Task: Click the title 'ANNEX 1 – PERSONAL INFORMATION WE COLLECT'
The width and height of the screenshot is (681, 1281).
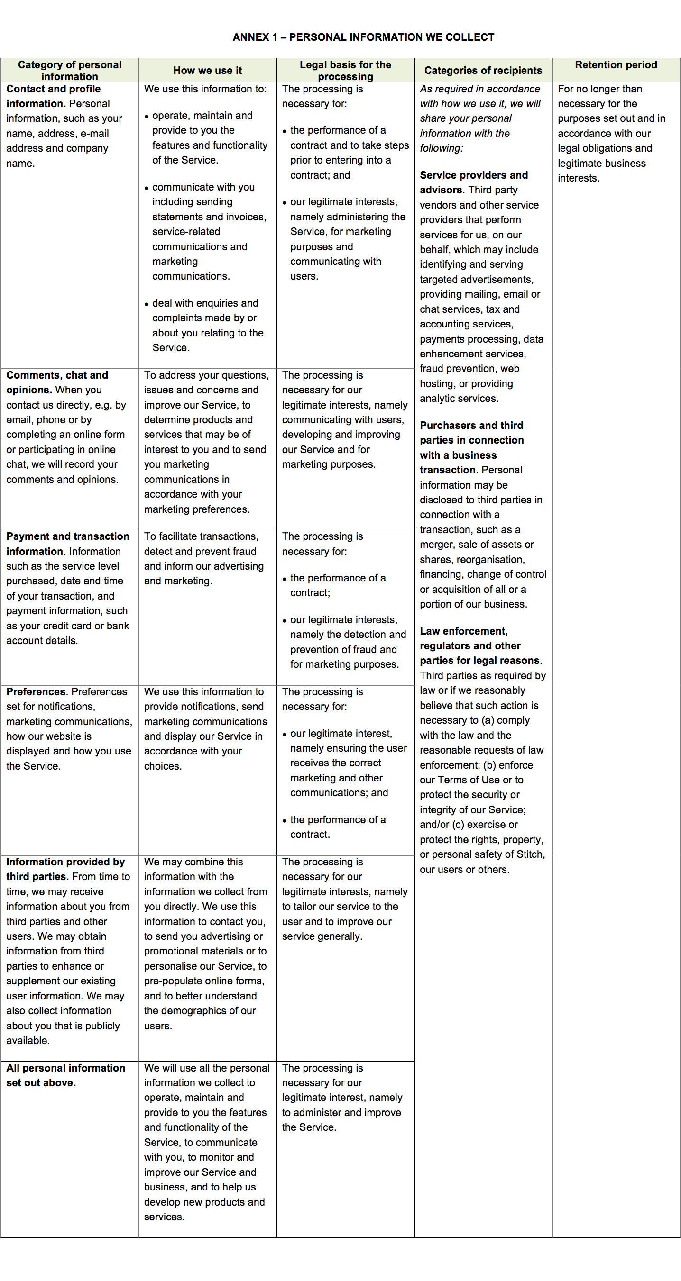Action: pos(363,37)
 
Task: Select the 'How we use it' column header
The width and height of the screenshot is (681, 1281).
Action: pos(207,71)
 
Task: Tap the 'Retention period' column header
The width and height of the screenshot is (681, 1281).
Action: pos(616,64)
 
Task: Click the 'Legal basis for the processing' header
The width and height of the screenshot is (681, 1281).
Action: pos(345,71)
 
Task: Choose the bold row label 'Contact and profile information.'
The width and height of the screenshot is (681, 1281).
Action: pos(53,96)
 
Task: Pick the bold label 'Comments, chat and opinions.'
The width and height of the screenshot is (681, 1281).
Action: pos(57,382)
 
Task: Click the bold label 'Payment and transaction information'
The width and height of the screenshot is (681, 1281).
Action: pos(68,543)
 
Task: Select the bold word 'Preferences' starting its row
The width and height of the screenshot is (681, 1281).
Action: pos(36,692)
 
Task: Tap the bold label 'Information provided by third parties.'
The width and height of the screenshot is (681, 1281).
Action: pos(65,869)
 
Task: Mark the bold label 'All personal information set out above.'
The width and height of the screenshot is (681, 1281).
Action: pos(65,1075)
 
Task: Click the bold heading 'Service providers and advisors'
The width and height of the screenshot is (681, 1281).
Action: pos(473,182)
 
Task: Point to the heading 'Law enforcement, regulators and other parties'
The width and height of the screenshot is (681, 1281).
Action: pos(470,645)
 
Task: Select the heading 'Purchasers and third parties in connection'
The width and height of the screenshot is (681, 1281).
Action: pos(471,440)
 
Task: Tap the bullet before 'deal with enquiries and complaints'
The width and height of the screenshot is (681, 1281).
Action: pos(146,304)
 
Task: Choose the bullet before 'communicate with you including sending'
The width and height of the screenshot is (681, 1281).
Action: pos(146,188)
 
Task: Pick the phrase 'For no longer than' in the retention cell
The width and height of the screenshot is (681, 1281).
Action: pos(599,89)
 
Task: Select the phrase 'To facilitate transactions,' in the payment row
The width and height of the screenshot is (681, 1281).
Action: pos(201,536)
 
